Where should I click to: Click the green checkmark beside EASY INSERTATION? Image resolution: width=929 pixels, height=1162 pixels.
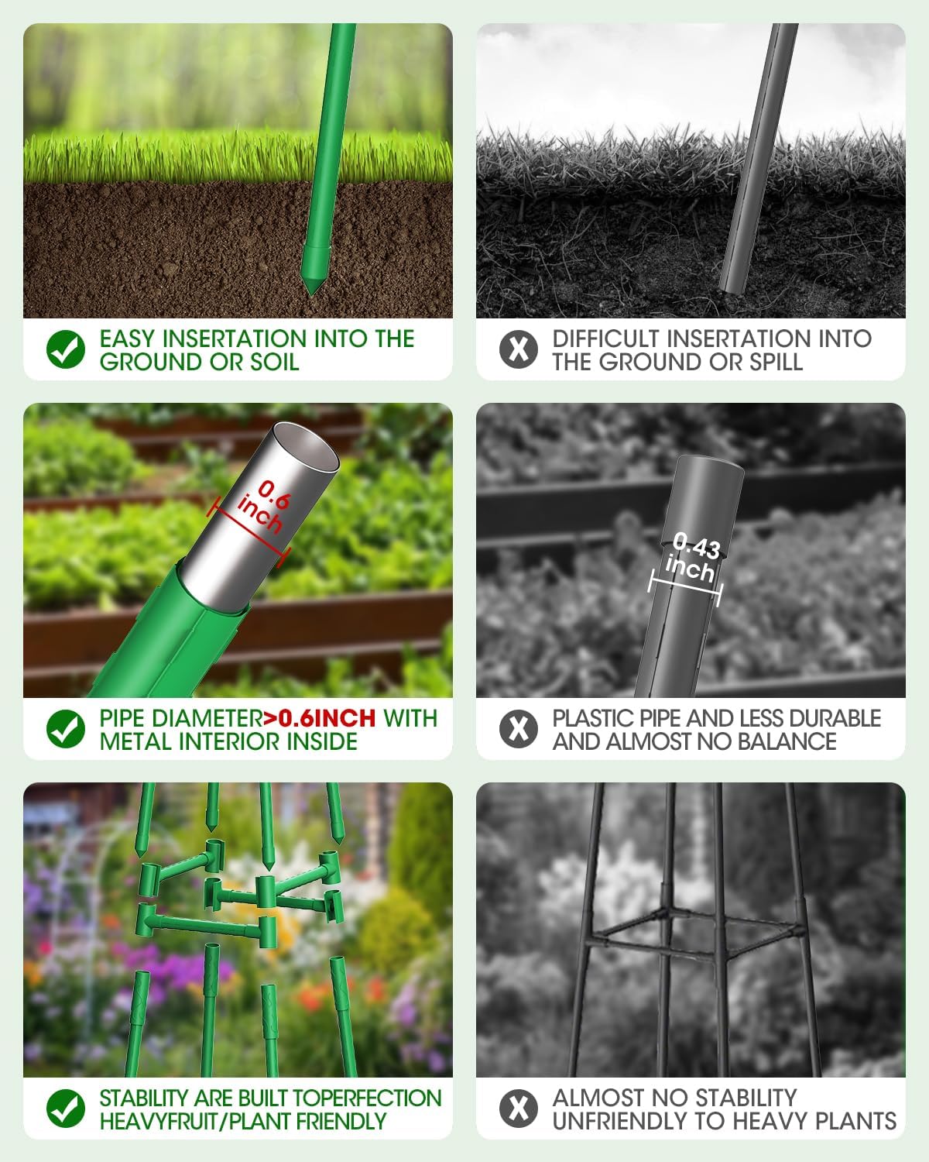66,349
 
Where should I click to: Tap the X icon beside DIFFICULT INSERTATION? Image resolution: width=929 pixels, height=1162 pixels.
518,349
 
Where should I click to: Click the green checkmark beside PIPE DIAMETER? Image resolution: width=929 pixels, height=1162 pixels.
66,729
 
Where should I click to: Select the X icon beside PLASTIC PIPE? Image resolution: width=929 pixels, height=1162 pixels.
518,729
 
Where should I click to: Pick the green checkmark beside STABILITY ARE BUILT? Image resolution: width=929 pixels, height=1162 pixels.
66,1109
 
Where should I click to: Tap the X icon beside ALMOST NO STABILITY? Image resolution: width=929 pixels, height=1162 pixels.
518,1109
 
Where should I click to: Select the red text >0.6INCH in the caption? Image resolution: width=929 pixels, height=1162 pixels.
319,718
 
